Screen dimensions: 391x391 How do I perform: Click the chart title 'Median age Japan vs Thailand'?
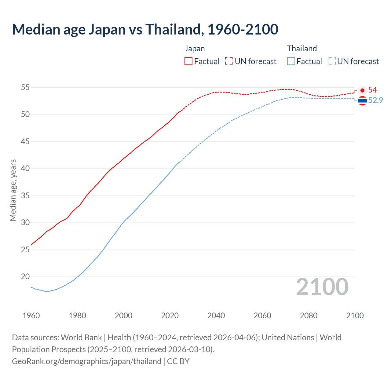click(x=145, y=29)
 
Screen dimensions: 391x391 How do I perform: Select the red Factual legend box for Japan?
click(x=188, y=61)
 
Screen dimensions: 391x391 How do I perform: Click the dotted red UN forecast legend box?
click(x=229, y=61)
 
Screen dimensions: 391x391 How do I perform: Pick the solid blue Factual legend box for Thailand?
click(x=291, y=61)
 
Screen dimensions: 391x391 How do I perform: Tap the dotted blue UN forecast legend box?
click(x=332, y=61)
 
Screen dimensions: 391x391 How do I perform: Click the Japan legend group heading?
click(x=195, y=49)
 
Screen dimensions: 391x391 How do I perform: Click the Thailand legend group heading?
click(x=302, y=49)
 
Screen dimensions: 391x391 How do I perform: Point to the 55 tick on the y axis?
click(x=25, y=88)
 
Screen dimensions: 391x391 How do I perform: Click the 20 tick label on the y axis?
click(x=25, y=277)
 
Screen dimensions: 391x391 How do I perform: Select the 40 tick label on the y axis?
click(x=25, y=169)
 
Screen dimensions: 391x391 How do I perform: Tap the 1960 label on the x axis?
click(x=31, y=316)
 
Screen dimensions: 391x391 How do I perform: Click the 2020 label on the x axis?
click(x=170, y=316)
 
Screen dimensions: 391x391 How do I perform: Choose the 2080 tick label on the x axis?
click(x=309, y=316)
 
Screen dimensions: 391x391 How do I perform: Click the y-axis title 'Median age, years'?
click(x=13, y=190)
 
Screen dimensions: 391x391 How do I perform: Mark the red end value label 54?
click(x=373, y=90)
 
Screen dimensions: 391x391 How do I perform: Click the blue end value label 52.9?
click(x=375, y=100)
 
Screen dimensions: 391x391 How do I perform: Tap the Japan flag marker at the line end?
click(x=362, y=90)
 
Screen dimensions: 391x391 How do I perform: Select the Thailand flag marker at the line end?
click(x=362, y=100)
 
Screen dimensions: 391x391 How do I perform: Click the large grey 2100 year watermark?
click(x=322, y=287)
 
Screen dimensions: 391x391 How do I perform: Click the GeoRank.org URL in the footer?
click(x=86, y=361)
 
